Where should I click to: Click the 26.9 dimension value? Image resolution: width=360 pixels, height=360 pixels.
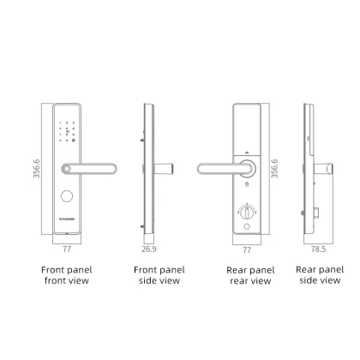click(148, 249)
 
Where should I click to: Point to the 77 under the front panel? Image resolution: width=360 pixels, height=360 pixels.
click(66, 249)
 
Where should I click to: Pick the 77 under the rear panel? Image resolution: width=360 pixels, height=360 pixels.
click(247, 249)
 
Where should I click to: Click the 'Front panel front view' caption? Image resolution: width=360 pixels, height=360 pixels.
click(66, 274)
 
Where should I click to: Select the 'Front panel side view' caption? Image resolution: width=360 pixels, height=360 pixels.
click(158, 274)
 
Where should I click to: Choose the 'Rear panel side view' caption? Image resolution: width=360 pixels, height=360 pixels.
click(319, 274)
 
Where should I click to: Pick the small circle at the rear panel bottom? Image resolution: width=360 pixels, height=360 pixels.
click(247, 225)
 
